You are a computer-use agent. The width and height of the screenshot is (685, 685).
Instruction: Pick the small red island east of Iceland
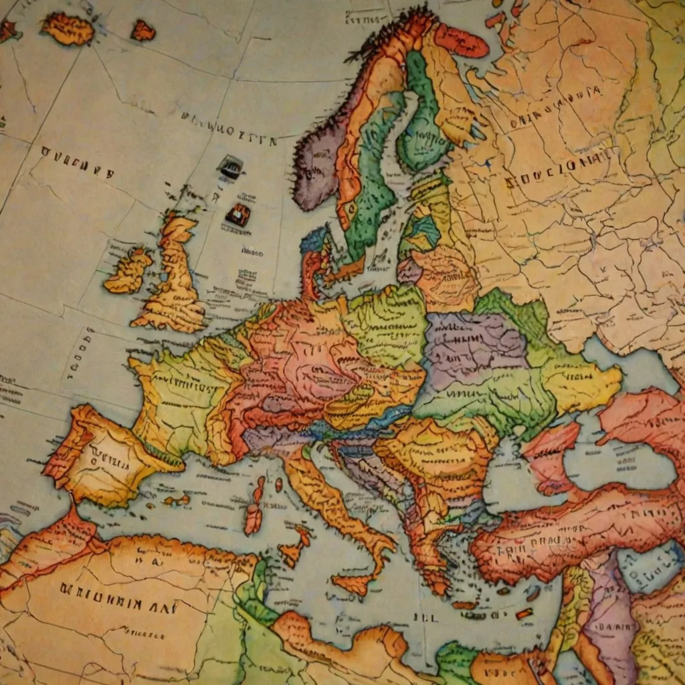coord(142,30)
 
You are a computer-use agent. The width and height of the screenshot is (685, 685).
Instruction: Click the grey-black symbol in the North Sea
coord(230,167)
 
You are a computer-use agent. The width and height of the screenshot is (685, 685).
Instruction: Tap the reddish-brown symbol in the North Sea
coord(238,215)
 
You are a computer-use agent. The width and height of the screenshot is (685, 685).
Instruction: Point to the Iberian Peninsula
coord(107,455)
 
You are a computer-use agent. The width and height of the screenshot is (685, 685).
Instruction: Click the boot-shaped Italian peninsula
coord(334,508)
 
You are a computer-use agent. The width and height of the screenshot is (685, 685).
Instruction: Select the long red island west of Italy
coord(254,508)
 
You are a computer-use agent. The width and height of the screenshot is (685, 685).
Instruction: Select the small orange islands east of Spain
coord(177,500)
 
